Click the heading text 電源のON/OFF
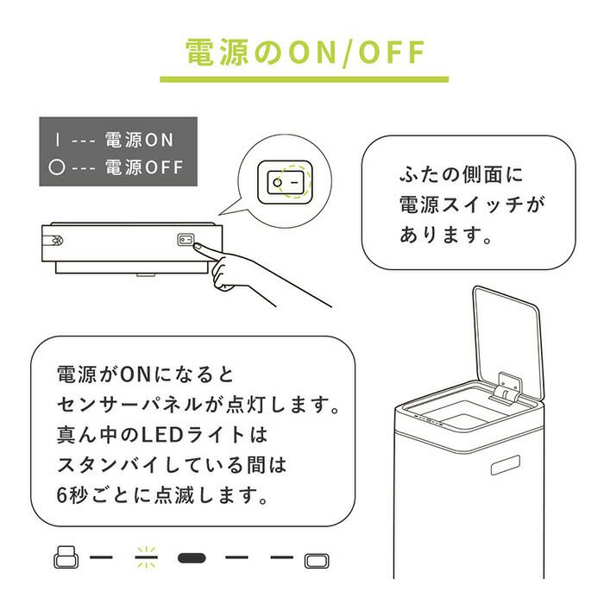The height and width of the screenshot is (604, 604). pyautogui.click(x=305, y=52)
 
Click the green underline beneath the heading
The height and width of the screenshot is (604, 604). pyautogui.click(x=305, y=79)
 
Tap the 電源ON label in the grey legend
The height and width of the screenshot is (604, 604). pyautogui.click(x=139, y=140)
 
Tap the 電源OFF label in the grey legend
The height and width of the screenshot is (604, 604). pyautogui.click(x=144, y=167)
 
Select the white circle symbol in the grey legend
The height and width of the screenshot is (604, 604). pyautogui.click(x=57, y=167)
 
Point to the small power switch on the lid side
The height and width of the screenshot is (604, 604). pyautogui.click(x=186, y=240)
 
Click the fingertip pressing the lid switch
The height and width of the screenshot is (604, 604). pyautogui.click(x=198, y=246)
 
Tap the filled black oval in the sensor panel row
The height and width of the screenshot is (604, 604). pyautogui.click(x=192, y=558)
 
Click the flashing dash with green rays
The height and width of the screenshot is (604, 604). pyautogui.click(x=147, y=557)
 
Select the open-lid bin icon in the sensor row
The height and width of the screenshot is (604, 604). pyautogui.click(x=66, y=557)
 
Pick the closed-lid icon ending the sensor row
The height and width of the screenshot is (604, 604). pyautogui.click(x=317, y=561)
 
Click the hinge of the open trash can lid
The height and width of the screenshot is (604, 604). pyautogui.click(x=507, y=389)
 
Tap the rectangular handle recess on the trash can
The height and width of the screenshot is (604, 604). pyautogui.click(x=506, y=465)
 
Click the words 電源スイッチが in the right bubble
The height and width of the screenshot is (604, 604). pyautogui.click(x=472, y=204)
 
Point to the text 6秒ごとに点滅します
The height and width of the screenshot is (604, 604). pyautogui.click(x=162, y=495)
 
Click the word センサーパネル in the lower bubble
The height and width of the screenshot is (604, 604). pyautogui.click(x=129, y=405)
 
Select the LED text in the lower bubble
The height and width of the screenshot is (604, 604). pyautogui.click(x=162, y=435)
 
